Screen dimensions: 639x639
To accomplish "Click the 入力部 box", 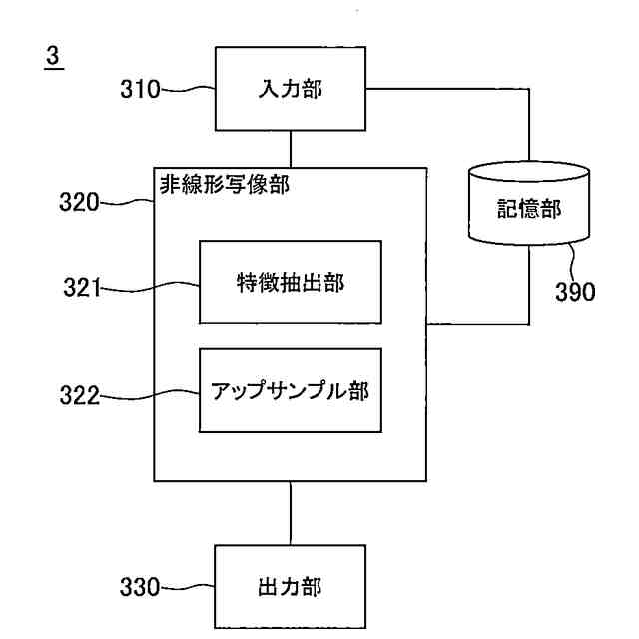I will tap(290, 89).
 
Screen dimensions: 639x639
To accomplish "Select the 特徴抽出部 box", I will tap(290, 282).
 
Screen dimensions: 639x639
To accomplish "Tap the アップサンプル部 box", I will tap(290, 391).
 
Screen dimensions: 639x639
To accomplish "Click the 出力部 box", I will tap(290, 587).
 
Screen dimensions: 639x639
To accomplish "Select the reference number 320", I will tap(79, 203).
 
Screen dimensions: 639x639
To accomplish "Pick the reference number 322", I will tap(79, 396).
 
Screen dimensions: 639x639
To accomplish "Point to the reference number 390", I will tap(575, 292).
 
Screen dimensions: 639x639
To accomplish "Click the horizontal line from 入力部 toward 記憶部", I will tap(449, 89).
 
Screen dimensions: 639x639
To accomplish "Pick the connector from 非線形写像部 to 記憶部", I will tap(479, 324).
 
